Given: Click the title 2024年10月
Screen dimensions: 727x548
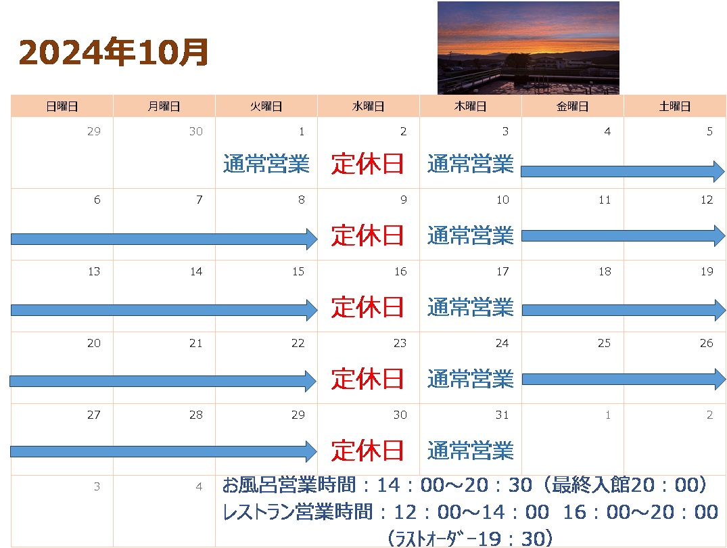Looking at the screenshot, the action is click(x=114, y=52).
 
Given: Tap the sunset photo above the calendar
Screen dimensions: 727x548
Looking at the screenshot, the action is click(x=528, y=48).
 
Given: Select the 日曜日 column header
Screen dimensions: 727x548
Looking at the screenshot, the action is click(x=62, y=106).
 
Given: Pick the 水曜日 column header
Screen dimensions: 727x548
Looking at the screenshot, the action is click(x=368, y=106).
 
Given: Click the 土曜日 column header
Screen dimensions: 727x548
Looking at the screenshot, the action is click(x=675, y=106).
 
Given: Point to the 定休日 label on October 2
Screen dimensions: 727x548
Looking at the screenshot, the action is click(x=367, y=164).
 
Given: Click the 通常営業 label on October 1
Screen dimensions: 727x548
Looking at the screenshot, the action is click(x=266, y=164).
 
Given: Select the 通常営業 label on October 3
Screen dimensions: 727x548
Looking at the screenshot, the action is click(x=470, y=164).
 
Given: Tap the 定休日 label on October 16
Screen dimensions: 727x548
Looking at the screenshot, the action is click(x=367, y=308).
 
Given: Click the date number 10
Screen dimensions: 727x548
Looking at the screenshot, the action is click(x=502, y=200).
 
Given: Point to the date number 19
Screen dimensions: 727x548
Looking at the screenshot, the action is click(x=707, y=271).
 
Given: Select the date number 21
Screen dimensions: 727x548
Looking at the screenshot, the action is click(x=195, y=344).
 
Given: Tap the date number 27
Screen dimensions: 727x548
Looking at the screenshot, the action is click(x=93, y=415).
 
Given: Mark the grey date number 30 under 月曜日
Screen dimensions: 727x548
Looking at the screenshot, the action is click(x=195, y=131).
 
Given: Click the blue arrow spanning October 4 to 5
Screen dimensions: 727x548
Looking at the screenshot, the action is click(x=623, y=172).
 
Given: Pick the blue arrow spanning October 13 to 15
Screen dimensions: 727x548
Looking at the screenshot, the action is click(x=164, y=310).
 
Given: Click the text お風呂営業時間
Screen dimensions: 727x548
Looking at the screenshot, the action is click(x=289, y=485).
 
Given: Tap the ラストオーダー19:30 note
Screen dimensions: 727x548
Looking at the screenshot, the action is click(x=469, y=539).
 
